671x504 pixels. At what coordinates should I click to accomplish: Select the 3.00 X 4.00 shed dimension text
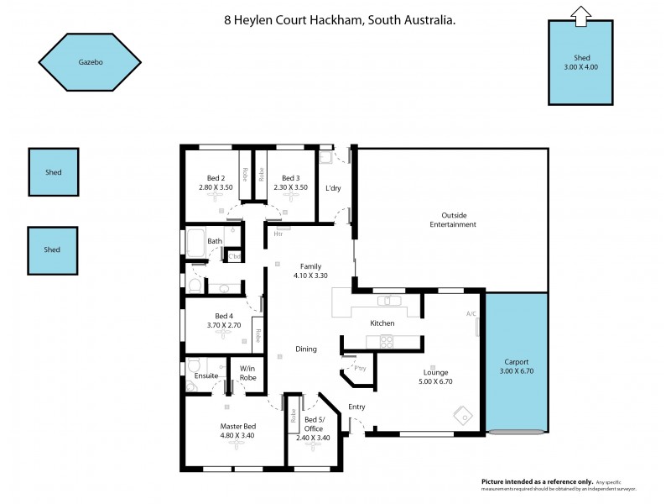pyautogui.click(x=580, y=66)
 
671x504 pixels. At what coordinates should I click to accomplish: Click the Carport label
pyautogui.click(x=516, y=361)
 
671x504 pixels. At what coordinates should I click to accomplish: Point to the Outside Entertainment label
pyautogui.click(x=453, y=220)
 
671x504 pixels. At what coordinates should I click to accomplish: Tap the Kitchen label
pyautogui.click(x=382, y=323)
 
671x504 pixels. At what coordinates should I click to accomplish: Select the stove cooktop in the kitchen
pyautogui.click(x=388, y=340)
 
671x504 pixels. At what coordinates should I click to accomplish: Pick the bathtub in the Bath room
pyautogui.click(x=195, y=243)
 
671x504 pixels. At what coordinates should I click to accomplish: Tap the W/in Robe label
pyautogui.click(x=247, y=372)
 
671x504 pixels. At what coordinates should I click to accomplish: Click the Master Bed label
pyautogui.click(x=237, y=426)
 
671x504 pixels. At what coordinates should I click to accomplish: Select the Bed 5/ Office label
pyautogui.click(x=314, y=424)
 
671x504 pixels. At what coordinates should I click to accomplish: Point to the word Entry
pyautogui.click(x=357, y=407)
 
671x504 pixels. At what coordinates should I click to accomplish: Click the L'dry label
pyautogui.click(x=333, y=188)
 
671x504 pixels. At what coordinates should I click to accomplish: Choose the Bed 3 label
pyautogui.click(x=290, y=178)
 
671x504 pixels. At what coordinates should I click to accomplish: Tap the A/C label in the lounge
pyautogui.click(x=471, y=314)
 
